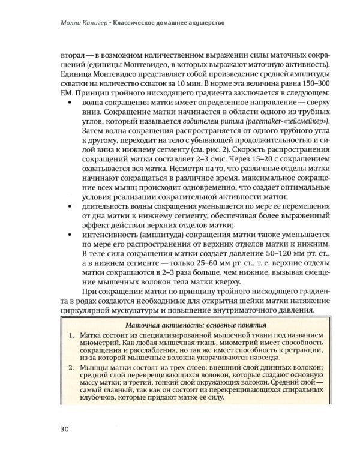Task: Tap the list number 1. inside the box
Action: tap(70, 337)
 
